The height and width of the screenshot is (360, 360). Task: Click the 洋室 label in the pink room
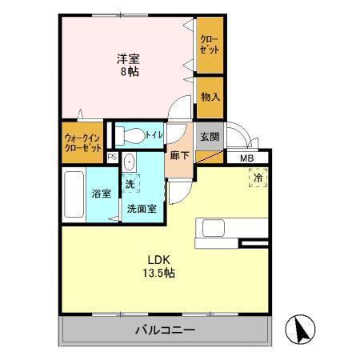pyautogui.click(x=129, y=58)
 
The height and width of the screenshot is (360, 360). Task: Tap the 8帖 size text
pyautogui.click(x=128, y=70)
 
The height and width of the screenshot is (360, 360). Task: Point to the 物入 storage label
pyautogui.click(x=210, y=97)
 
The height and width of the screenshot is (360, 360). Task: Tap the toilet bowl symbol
pyautogui.click(x=134, y=135)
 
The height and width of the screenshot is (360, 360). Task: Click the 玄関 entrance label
pyautogui.click(x=210, y=136)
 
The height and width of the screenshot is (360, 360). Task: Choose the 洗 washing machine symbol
pyautogui.click(x=130, y=185)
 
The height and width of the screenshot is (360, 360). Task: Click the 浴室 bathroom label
pyautogui.click(x=101, y=194)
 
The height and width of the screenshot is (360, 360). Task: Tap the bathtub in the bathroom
pyautogui.click(x=74, y=194)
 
